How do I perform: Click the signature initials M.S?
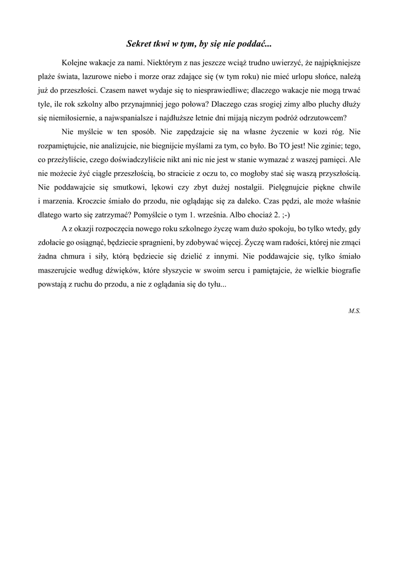coord(354,310)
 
